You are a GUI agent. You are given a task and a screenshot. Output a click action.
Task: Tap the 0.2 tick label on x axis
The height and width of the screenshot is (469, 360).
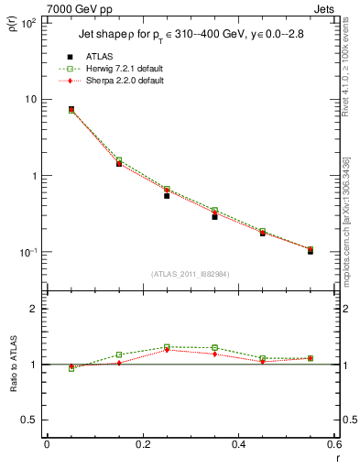tap(142, 445)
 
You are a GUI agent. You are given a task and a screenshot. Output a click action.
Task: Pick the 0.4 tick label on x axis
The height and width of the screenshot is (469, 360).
tap(238, 445)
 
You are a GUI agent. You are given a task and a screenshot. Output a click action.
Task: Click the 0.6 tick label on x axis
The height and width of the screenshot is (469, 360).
tap(333, 445)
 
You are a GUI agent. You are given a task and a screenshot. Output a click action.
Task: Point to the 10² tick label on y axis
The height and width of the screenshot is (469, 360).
tap(27, 23)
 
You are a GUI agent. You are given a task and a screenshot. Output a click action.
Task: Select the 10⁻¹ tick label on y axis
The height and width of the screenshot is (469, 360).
tap(27, 252)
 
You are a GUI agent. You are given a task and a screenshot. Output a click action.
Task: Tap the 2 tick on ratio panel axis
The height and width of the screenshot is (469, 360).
tap(32, 309)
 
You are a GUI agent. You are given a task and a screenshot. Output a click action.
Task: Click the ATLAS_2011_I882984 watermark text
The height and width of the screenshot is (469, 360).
tap(190, 274)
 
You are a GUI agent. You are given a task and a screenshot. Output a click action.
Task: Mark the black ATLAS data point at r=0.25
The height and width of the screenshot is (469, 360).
tap(167, 195)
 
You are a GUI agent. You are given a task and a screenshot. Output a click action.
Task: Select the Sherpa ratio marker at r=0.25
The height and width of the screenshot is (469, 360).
tap(167, 350)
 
